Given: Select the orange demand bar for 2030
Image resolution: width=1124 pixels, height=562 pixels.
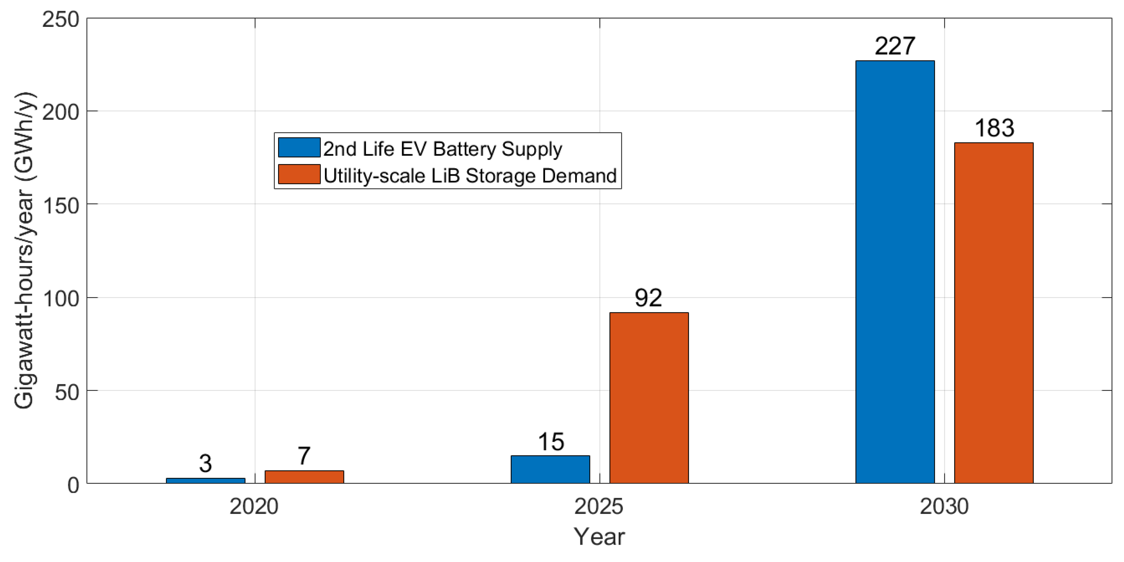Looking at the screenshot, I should [994, 312].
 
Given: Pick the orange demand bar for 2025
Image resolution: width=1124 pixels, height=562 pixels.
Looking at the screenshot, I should [649, 398].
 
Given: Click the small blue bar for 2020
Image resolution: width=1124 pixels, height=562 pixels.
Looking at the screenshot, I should [205, 481].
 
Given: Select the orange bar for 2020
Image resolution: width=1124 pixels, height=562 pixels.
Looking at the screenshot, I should [304, 476].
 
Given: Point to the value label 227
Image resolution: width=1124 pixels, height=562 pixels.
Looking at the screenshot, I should [895, 46].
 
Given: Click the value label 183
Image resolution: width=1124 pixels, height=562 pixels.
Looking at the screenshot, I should [994, 128].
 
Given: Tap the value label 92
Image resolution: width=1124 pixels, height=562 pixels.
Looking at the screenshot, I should [648, 298].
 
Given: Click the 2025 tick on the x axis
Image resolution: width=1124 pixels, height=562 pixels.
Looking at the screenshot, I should [599, 507].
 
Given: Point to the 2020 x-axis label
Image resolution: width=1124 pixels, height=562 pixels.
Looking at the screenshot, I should [254, 507].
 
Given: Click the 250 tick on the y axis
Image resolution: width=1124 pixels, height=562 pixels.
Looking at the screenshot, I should [61, 20].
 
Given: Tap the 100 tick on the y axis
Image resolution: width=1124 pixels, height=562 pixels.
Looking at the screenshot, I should [61, 299].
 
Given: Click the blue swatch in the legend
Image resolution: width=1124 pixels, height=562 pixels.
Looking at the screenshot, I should [299, 147].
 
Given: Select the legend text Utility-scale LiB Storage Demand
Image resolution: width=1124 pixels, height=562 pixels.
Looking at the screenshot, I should [470, 176].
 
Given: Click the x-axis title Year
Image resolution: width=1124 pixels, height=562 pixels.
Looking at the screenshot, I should [599, 536].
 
